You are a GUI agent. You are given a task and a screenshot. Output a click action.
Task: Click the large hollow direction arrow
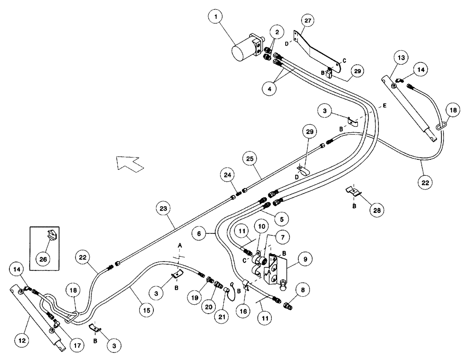(130, 165)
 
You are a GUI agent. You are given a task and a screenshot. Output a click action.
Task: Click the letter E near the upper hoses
(384, 107)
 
